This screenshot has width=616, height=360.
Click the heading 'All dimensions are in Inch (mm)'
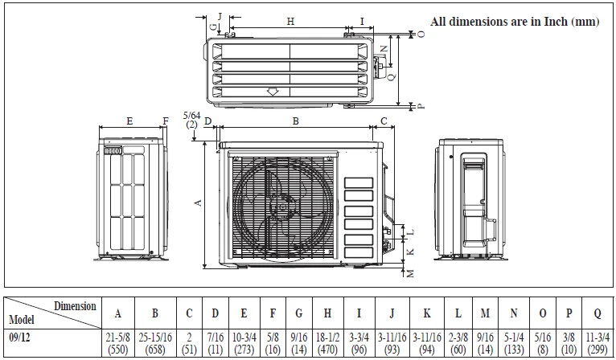tap(515, 22)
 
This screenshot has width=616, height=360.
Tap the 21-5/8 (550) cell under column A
tap(118, 344)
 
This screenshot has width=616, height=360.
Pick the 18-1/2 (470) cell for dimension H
tap(326, 344)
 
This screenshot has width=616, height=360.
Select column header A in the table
tap(118, 312)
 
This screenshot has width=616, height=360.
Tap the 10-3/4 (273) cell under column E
tap(243, 344)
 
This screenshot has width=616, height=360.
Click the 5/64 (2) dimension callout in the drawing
tap(191, 121)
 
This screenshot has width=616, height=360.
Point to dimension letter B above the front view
tap(295, 121)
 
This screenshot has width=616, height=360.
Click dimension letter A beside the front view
tap(198, 204)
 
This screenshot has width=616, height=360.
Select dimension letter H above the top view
tap(290, 21)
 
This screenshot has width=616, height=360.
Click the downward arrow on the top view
tap(273, 92)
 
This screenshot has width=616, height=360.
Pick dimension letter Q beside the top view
tap(391, 78)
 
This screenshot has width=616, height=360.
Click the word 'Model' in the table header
tap(21, 319)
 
